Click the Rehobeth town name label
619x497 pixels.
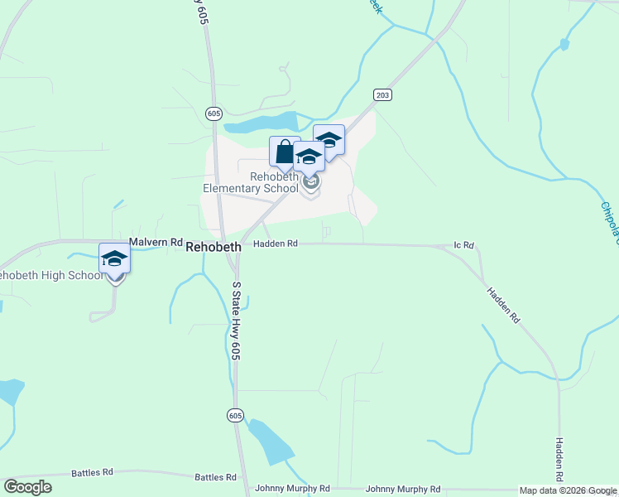(214, 247)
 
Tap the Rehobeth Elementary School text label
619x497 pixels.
(251, 182)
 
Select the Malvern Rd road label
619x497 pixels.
(155, 242)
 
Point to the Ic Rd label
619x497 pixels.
(463, 246)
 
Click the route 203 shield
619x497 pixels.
(381, 94)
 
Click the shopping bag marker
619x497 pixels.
(284, 152)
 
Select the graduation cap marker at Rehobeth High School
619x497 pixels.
(114, 258)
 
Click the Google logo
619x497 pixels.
(27, 487)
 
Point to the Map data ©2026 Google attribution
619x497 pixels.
(568, 490)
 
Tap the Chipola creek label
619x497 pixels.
(609, 223)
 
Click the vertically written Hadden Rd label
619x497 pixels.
(559, 461)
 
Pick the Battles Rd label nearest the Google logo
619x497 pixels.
(92, 472)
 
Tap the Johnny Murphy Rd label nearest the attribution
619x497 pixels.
(403, 489)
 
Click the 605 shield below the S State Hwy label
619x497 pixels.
(236, 415)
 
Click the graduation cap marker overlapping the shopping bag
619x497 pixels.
(309, 157)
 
